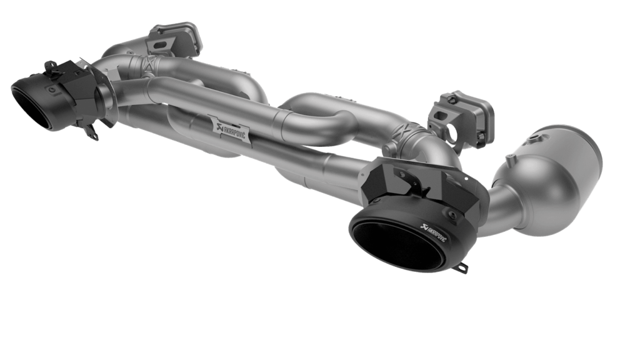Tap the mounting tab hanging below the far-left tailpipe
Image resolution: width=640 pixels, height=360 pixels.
point(92,132)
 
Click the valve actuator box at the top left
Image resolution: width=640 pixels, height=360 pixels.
point(175,39)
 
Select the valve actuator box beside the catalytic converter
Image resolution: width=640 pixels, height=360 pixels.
point(461,118)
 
